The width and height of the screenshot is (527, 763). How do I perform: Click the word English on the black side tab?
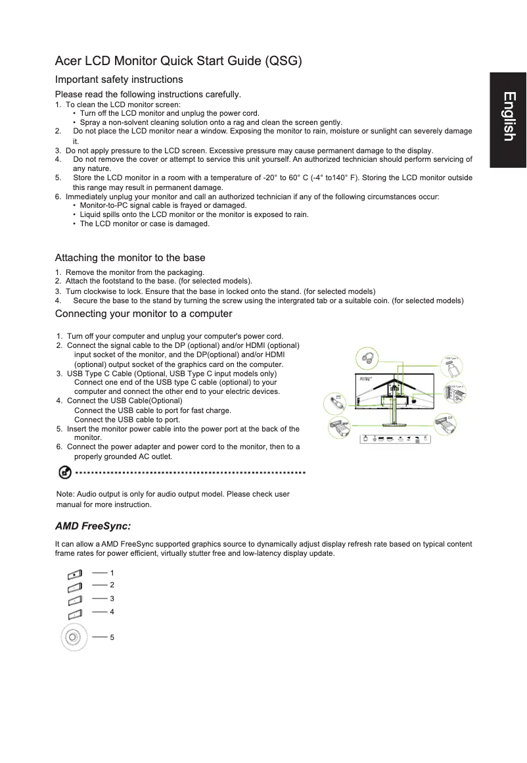click(x=508, y=116)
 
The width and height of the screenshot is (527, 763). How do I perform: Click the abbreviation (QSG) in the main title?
click(x=283, y=62)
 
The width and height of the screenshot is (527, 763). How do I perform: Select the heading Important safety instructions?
click(x=119, y=80)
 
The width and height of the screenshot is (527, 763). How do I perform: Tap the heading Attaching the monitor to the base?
click(x=130, y=257)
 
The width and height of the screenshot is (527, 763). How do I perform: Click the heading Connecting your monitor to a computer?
click(x=143, y=313)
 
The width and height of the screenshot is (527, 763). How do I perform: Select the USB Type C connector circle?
click(x=450, y=364)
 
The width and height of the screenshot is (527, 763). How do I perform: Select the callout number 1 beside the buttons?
click(x=112, y=573)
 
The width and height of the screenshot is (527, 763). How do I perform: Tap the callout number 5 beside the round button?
click(x=112, y=637)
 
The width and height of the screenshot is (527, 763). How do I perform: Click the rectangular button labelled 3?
click(x=74, y=600)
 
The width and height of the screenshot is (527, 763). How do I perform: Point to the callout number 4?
click(x=112, y=612)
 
